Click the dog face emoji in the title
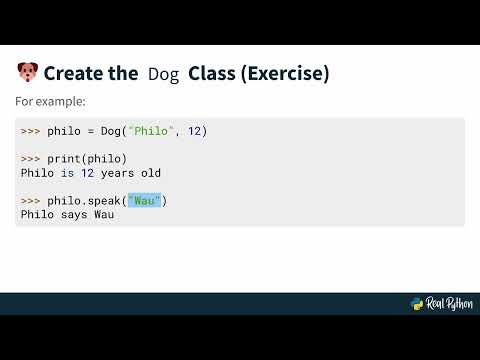[x=27, y=73]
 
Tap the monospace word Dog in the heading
[x=163, y=74]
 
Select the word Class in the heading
[x=214, y=73]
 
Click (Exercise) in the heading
[x=287, y=73]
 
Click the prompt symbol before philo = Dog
[x=30, y=131]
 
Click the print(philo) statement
[x=87, y=159]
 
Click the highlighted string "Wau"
[x=145, y=201]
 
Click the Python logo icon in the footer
[x=417, y=304]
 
